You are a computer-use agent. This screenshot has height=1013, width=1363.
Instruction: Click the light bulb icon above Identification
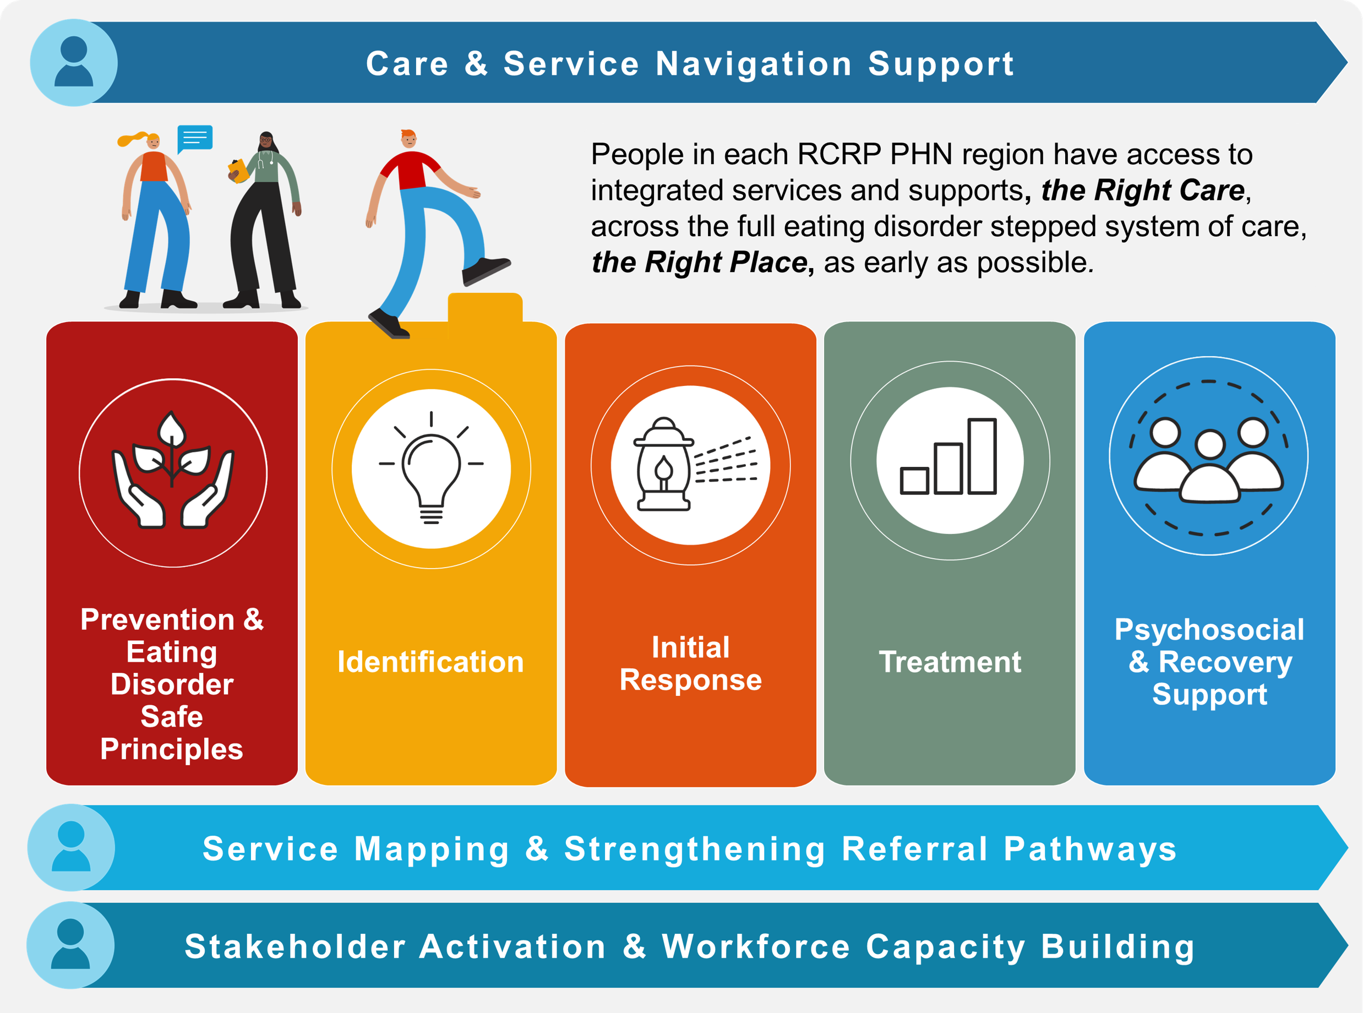tap(431, 468)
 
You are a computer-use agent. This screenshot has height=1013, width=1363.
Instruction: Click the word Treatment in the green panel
tap(950, 662)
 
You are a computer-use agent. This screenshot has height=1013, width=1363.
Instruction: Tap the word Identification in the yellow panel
tap(430, 662)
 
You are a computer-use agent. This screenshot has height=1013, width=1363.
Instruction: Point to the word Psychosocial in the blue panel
tap(1209, 630)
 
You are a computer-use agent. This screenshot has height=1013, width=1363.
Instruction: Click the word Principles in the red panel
tap(172, 749)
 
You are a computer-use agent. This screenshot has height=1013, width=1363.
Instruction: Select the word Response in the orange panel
tap(690, 680)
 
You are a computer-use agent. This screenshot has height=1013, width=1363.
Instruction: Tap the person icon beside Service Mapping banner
tap(71, 847)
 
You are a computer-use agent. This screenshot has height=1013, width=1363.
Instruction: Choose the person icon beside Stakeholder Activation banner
tap(70, 944)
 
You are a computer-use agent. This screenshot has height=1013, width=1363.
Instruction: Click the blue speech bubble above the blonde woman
tap(195, 138)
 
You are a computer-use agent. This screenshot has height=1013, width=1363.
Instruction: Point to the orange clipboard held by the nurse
tap(238, 170)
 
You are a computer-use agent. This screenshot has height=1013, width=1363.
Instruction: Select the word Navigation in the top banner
tap(754, 64)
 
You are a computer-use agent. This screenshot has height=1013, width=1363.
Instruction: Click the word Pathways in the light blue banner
tap(1089, 849)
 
